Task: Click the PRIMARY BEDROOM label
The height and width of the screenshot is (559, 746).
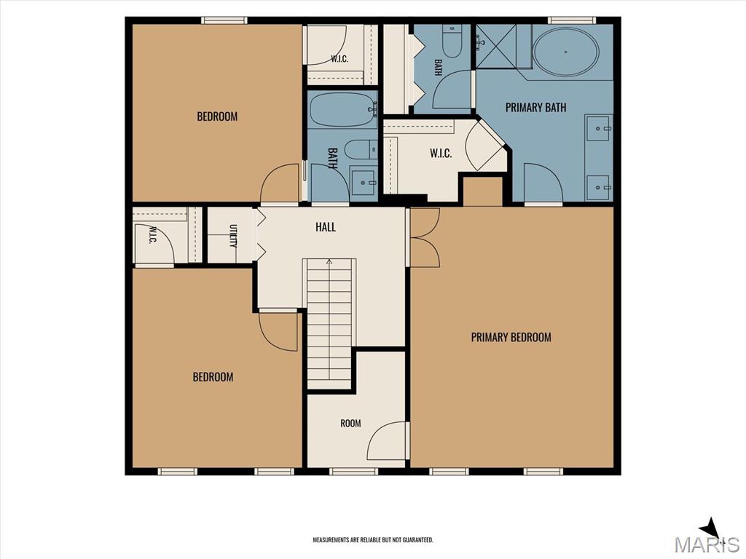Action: coord(511,338)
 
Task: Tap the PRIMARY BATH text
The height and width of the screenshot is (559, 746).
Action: coord(535,108)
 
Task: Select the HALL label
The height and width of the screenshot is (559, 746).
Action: coord(326,227)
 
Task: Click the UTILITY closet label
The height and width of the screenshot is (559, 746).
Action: coord(233,236)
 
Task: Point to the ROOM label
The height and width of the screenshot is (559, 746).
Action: coord(350,423)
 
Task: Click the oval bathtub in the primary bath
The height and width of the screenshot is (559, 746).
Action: coord(565,52)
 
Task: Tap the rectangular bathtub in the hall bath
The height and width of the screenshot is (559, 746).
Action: coord(343,110)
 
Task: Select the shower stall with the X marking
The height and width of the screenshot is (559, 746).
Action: coord(495,47)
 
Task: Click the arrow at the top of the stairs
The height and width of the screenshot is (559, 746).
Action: coord(329,261)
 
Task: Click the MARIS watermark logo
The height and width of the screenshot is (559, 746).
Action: coord(707,544)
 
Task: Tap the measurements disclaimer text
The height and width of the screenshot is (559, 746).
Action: coord(373,540)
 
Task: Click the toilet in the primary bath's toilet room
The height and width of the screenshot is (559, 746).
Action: coord(452,41)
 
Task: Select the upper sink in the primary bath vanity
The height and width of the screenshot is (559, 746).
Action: coord(598,128)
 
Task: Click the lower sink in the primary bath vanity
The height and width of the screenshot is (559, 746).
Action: coord(598,189)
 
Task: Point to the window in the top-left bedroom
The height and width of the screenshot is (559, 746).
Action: coord(224,20)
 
